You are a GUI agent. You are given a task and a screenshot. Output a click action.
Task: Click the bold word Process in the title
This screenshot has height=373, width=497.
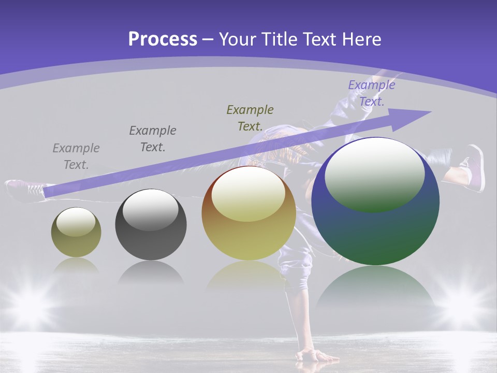[163, 39]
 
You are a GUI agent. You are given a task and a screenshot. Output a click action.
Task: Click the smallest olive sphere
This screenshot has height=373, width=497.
[76, 233]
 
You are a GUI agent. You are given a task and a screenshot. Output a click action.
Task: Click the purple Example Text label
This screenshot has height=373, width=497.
[372, 93]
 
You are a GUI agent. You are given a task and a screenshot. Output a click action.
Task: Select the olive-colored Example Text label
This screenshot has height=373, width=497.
[250, 118]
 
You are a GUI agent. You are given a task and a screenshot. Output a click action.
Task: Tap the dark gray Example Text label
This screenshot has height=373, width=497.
[153, 138]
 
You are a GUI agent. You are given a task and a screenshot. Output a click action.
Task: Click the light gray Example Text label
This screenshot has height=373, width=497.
[76, 156]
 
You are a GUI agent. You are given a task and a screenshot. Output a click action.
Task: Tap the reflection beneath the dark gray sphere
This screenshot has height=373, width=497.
[151, 272]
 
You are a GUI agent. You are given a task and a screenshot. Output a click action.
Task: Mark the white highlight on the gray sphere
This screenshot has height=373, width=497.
[151, 210]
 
